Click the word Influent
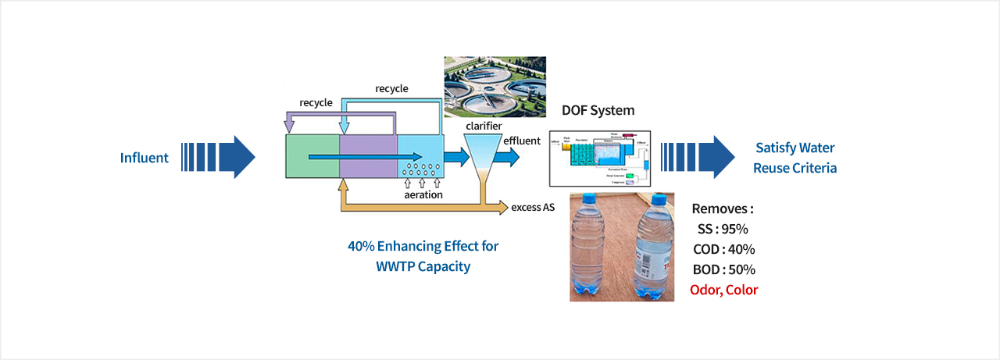[144, 158]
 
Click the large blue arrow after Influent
[219, 157]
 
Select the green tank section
[311, 157]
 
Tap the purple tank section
[368, 157]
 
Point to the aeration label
[423, 194]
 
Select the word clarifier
[483, 126]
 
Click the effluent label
[522, 141]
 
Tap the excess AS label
[533, 207]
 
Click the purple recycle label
[316, 103]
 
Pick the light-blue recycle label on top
[391, 89]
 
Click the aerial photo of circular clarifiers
[494, 84]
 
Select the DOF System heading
[598, 111]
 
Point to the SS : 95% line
[723, 230]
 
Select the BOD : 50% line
[723, 269]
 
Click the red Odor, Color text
[723, 290]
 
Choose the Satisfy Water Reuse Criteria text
[795, 158]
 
